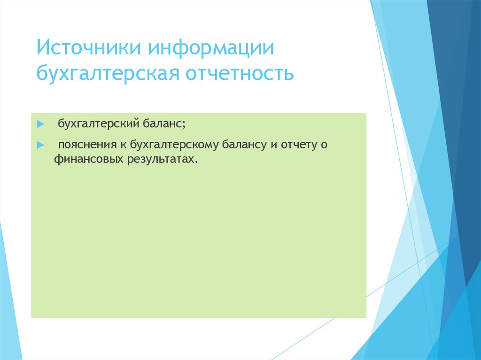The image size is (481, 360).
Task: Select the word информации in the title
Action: [211, 49]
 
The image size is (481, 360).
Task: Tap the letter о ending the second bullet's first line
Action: [323, 145]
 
